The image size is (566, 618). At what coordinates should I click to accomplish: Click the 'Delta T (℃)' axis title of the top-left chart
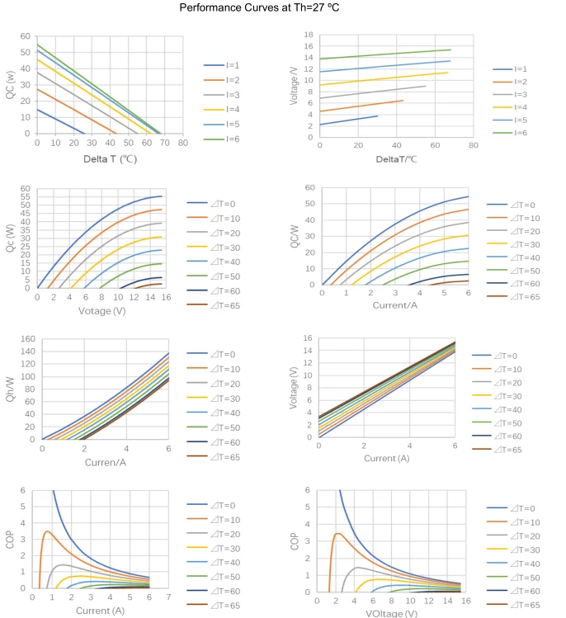point(110,158)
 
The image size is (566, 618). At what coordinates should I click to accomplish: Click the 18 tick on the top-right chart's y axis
point(309,35)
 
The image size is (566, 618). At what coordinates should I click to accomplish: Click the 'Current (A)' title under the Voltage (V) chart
point(388,458)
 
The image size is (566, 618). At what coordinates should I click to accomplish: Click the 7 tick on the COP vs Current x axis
point(169,597)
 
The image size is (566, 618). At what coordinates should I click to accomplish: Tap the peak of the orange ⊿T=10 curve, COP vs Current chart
point(47,531)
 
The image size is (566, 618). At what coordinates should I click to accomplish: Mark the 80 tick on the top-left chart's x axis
point(182,142)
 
